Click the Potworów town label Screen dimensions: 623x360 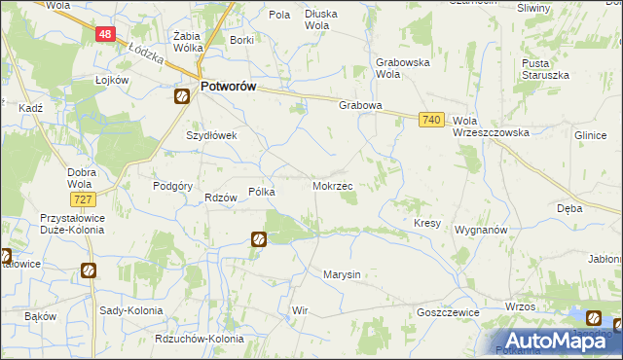click(228, 87)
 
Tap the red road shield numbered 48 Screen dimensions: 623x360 click(106, 34)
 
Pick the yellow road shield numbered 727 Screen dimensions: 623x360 click(83, 199)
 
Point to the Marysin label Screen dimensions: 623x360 click(342, 274)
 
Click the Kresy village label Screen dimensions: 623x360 click(427, 223)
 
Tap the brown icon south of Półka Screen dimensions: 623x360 click(258, 238)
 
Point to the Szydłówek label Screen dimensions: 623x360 click(211, 136)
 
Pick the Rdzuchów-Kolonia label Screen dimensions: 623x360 click(199, 339)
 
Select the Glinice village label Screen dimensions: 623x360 click(590, 136)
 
